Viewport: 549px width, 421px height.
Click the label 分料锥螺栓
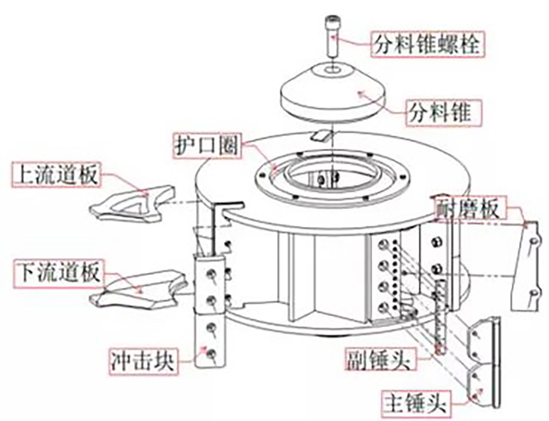click(x=427, y=44)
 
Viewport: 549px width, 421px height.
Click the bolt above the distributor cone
click(x=332, y=35)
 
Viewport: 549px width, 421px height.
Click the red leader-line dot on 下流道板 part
click(x=139, y=291)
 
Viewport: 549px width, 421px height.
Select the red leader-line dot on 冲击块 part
click(x=205, y=349)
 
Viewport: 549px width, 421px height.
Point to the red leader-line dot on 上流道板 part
click(x=146, y=192)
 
